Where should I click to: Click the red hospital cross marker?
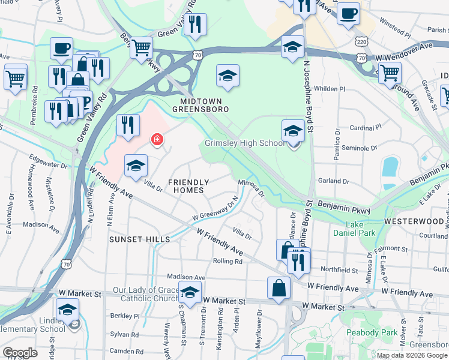coord(157,140)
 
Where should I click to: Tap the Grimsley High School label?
coord(244,143)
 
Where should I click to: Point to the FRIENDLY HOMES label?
coord(188,186)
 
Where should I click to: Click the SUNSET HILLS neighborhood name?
coord(140,239)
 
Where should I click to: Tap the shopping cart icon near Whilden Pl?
coord(391,73)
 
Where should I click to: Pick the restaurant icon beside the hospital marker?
coord(127,125)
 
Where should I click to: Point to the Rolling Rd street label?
coord(228,261)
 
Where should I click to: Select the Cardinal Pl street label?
coord(366,127)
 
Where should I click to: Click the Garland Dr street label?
coord(334,181)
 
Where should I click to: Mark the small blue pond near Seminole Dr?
coord(390,166)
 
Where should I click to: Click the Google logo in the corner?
coord(20,353)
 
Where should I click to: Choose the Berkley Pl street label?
coord(125,315)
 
